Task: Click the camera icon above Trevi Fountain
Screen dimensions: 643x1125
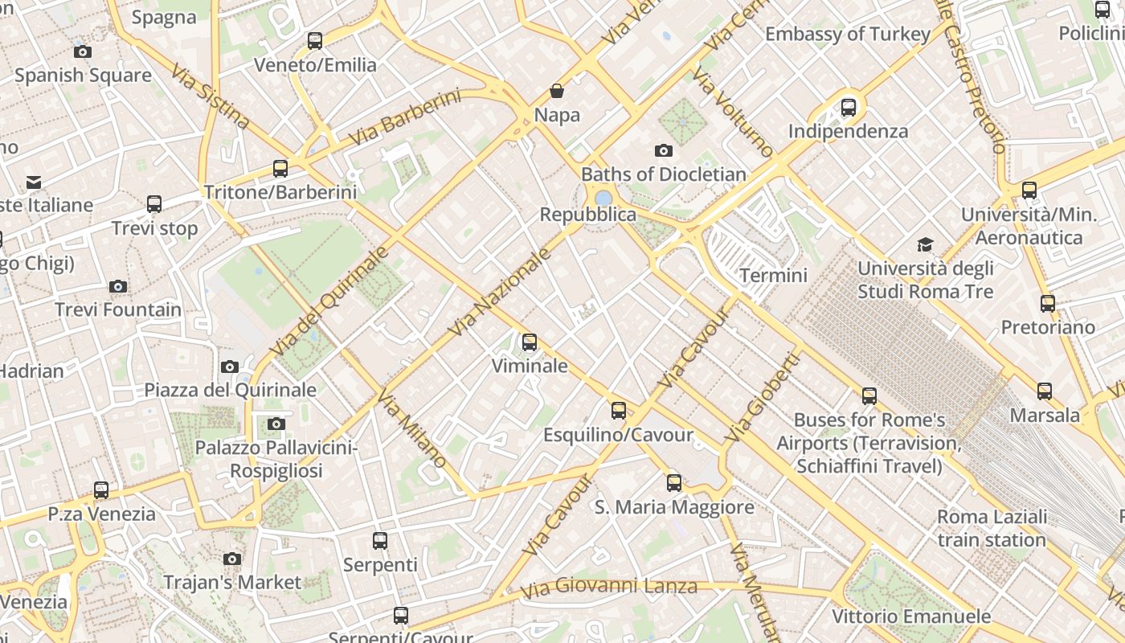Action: coord(118,286)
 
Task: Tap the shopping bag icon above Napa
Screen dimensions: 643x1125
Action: coord(556,91)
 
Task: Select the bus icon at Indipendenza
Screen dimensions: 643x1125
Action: coord(848,107)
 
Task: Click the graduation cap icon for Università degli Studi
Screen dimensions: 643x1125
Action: coord(926,244)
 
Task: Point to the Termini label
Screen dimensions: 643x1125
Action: coord(773,276)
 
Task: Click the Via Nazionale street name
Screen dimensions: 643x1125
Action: coord(500,293)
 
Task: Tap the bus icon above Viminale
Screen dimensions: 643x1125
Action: coord(529,342)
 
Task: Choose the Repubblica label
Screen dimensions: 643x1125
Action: coord(587,215)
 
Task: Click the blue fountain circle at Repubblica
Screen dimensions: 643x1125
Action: coord(603,198)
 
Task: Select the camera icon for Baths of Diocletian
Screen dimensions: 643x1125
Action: coord(663,150)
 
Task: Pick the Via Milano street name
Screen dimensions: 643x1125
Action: coord(411,429)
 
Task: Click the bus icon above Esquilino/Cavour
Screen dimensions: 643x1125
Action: coord(618,411)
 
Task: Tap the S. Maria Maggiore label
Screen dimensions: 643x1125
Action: coord(674,507)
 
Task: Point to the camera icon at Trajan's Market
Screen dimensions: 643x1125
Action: coord(232,559)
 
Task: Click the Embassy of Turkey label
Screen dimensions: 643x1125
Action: coord(847,34)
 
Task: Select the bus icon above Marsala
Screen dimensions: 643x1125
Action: coord(1044,391)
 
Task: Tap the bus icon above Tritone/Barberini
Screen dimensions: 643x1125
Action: coord(280,169)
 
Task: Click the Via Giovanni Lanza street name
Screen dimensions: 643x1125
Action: coord(608,587)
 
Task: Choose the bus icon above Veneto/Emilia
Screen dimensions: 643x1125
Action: coord(315,41)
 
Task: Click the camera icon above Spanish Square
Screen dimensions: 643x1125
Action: coord(82,52)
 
